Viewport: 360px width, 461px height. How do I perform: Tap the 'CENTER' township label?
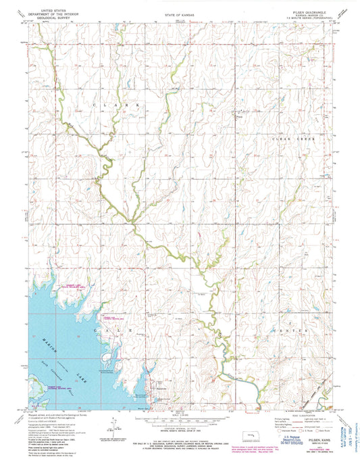coord(284,330)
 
